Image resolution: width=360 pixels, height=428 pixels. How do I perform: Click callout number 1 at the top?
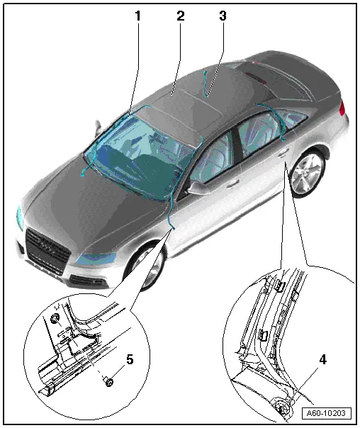point(137,16)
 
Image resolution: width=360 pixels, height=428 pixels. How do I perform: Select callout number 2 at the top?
point(181,16)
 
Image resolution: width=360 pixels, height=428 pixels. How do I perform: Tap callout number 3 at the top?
point(223,16)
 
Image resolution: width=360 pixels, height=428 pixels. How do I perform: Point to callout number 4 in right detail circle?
point(322,359)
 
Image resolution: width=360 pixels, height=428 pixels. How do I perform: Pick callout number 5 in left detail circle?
point(130,359)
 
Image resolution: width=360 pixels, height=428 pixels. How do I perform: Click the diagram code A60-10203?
point(326,413)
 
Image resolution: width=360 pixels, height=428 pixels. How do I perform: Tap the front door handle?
point(232,184)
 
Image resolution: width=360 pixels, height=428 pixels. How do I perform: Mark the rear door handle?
point(283,154)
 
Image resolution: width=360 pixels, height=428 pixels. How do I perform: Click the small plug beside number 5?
point(109,382)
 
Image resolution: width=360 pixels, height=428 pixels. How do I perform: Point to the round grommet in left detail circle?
point(55,319)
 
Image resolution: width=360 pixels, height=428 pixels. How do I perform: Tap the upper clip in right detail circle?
point(279,286)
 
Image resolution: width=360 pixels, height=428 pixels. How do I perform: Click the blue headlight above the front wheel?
point(96,259)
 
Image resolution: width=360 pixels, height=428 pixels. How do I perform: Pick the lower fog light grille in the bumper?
point(88,281)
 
